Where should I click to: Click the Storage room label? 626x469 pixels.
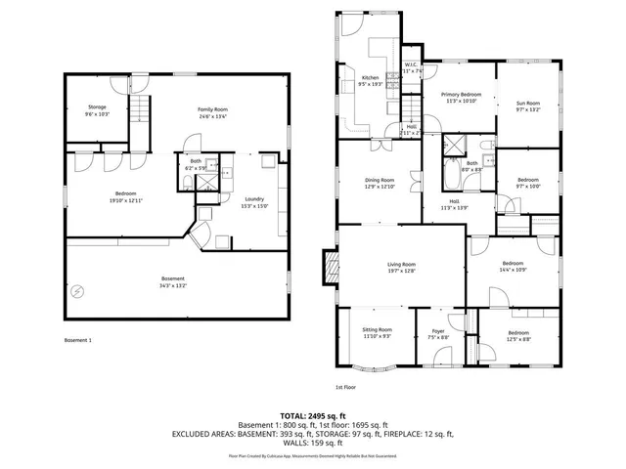click(96, 107)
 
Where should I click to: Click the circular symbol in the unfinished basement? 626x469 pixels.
click(77, 289)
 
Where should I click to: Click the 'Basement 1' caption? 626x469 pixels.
click(77, 340)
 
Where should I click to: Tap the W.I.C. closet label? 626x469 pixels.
click(412, 66)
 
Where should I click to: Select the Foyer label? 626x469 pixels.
click(438, 332)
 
